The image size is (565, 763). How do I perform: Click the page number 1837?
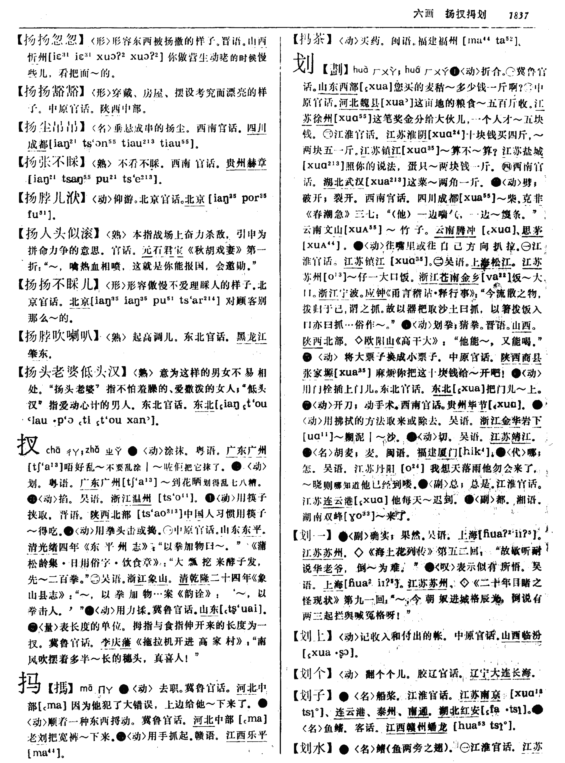[518, 15]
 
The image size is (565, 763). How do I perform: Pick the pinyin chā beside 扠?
[53, 450]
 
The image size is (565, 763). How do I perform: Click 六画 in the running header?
[423, 14]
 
